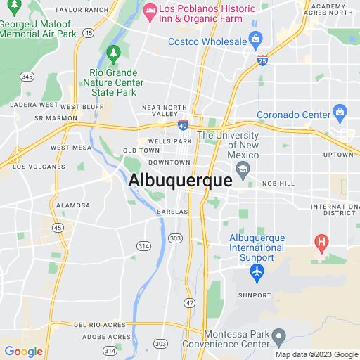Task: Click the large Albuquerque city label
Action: [180, 181]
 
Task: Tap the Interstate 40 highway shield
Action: [183, 124]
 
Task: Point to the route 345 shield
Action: [27, 76]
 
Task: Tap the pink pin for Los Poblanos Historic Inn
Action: [148, 10]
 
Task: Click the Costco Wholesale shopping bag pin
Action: [255, 38]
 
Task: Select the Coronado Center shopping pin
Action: [340, 111]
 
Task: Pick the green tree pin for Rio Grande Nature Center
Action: [112, 53]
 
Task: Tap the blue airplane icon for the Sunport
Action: [257, 271]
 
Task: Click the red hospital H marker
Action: [322, 243]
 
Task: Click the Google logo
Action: [23, 351]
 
